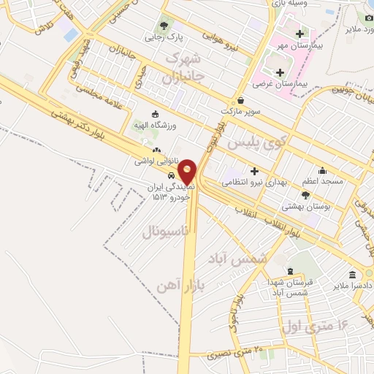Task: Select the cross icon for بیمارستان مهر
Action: tap(299, 34)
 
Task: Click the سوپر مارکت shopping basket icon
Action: tap(241, 100)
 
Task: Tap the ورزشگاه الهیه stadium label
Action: tap(154, 126)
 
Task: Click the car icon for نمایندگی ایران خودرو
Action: tap(169, 175)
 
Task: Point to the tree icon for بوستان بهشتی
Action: tap(305, 195)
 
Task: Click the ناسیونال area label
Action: tap(164, 232)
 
